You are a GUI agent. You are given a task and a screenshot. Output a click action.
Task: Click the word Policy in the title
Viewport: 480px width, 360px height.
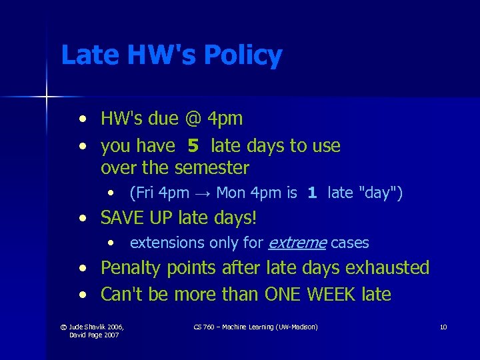tap(243, 56)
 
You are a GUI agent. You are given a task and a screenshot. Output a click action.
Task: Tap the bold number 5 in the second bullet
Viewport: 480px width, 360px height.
tap(193, 146)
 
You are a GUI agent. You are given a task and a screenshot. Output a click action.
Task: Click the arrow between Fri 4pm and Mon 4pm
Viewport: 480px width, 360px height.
tap(203, 193)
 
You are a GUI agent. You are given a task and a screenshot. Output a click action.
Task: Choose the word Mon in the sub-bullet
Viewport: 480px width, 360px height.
tap(231, 193)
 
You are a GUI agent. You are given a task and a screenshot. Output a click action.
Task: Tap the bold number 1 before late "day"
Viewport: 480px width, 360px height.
tap(311, 193)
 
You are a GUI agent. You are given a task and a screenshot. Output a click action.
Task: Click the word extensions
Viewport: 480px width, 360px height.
tap(167, 243)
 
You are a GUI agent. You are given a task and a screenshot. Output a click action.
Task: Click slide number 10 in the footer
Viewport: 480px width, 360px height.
tap(443, 327)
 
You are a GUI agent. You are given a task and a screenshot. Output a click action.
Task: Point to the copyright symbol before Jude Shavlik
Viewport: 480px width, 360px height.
tap(63, 327)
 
